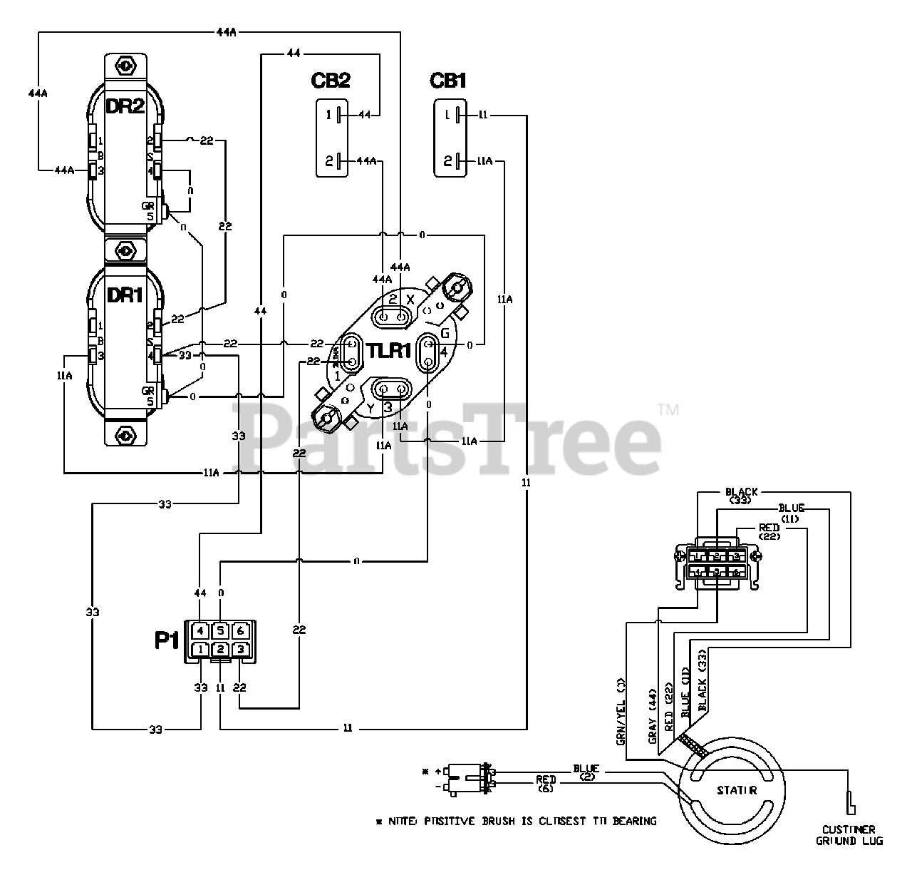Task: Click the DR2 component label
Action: point(125,107)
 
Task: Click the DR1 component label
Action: point(125,295)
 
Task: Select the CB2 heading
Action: point(330,81)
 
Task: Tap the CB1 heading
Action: point(448,81)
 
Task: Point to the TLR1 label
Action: point(388,351)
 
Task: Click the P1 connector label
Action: point(167,640)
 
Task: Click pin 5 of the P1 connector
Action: point(221,631)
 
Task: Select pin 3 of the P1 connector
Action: point(241,650)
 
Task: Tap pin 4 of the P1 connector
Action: point(201,631)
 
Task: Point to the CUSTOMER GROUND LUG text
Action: point(849,835)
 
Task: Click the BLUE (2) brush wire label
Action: point(587,772)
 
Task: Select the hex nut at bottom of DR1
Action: point(125,434)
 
